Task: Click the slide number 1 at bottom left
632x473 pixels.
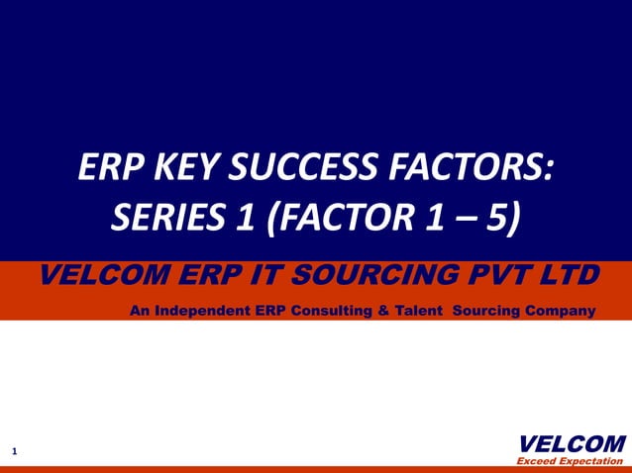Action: click(x=15, y=452)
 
